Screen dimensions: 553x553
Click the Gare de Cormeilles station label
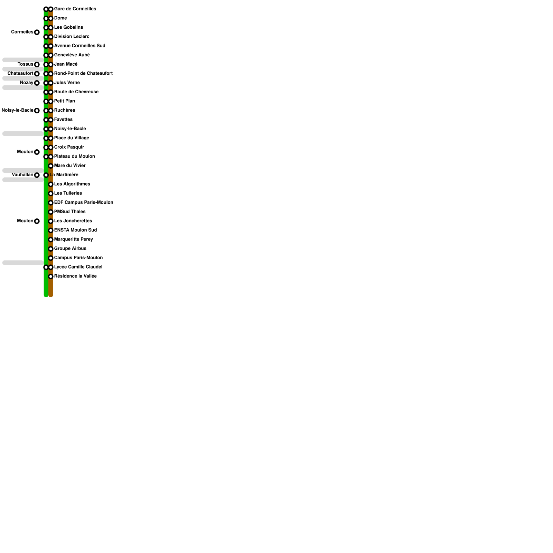(75, 9)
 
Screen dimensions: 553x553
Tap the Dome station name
(60, 18)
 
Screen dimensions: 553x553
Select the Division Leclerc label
(72, 37)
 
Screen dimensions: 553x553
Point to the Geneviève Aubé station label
(72, 55)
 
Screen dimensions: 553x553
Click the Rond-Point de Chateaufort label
(83, 73)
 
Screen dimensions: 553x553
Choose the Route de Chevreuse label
(76, 92)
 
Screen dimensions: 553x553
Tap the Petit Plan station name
(64, 101)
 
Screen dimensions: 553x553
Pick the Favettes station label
(63, 120)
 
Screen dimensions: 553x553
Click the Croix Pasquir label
(69, 147)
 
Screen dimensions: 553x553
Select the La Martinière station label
(64, 175)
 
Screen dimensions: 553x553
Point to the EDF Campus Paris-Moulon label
(83, 203)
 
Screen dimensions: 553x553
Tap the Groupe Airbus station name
(70, 249)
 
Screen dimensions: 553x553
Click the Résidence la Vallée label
(75, 276)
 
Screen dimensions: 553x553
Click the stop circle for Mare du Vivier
(50, 166)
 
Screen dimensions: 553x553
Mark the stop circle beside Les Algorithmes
(50, 184)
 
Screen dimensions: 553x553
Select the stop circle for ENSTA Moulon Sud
(50, 230)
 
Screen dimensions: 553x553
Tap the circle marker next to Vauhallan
(37, 175)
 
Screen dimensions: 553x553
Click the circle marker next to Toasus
(37, 65)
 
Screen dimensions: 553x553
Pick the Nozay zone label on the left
(27, 83)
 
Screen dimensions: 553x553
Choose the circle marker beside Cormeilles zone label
(37, 32)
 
